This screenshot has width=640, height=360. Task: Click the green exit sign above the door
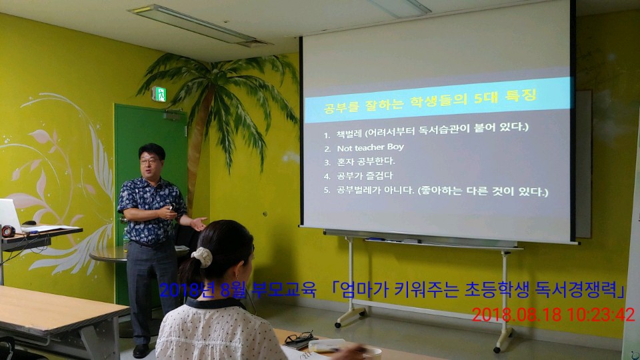(x=159, y=94)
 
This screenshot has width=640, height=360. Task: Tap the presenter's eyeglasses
(x=149, y=161)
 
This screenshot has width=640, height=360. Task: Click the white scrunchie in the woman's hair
(x=202, y=257)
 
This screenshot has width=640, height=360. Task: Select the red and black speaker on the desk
(x=8, y=231)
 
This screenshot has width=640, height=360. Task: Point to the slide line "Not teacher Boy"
(x=370, y=147)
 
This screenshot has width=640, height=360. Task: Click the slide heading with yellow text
(x=430, y=101)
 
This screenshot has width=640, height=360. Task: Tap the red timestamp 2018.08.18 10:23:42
(x=553, y=315)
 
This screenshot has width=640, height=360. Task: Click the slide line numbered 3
(x=359, y=161)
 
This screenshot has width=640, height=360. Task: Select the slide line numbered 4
(x=359, y=176)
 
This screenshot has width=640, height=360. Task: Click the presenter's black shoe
(x=141, y=351)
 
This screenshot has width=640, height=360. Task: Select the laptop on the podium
(x=10, y=214)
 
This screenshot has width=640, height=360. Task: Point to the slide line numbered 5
(x=436, y=191)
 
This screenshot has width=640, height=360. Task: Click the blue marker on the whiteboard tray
(x=374, y=239)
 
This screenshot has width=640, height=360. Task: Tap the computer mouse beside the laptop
(x=29, y=223)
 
